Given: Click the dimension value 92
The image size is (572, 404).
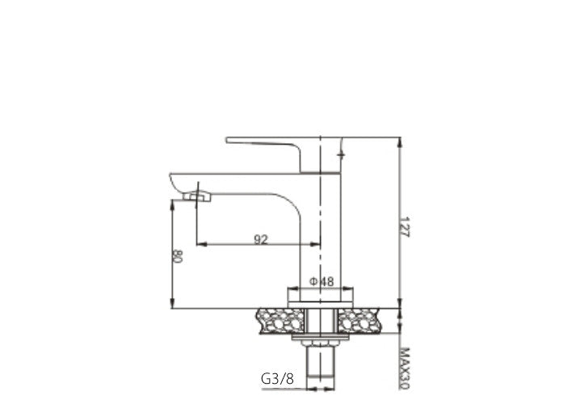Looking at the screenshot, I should [261, 238].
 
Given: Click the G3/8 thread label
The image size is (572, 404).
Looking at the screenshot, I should [276, 377].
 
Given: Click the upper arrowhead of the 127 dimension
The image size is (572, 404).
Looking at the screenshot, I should [402, 142].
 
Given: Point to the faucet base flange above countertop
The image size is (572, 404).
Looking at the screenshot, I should [321, 295].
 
